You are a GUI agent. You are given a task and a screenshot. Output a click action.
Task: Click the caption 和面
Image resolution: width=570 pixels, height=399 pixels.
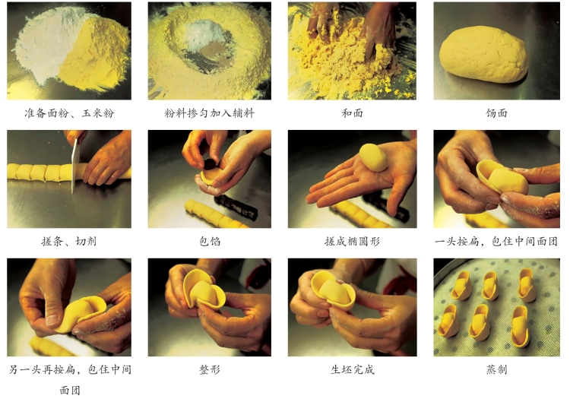[x=352, y=113]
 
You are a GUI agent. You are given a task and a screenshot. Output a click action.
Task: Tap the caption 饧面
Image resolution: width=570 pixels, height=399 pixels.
[x=496, y=113]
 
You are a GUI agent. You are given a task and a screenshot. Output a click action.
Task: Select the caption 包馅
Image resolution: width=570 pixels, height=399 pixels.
[x=210, y=241]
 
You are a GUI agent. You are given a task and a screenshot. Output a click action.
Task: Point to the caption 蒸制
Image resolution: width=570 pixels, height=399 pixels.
[x=496, y=369]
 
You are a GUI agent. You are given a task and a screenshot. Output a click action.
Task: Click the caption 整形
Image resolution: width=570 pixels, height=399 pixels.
[x=210, y=369]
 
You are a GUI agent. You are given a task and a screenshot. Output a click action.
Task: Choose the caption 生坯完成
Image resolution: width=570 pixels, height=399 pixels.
[x=352, y=369]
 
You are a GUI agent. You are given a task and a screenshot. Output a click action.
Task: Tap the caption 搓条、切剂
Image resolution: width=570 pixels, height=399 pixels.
[x=69, y=241]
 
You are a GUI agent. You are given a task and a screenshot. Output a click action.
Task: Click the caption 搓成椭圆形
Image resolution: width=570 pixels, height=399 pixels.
[x=352, y=241]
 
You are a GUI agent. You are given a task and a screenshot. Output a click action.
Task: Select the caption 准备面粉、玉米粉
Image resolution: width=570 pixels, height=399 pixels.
[x=69, y=113]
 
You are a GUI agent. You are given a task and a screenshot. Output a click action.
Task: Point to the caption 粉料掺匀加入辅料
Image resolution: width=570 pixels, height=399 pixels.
[x=210, y=113]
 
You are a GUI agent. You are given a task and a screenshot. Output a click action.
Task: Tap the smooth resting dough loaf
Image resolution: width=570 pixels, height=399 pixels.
[x=484, y=54]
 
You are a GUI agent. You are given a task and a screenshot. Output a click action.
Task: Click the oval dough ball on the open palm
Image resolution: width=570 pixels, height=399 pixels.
[x=374, y=157]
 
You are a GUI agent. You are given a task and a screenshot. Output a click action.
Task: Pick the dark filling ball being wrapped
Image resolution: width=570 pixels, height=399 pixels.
[x=209, y=164]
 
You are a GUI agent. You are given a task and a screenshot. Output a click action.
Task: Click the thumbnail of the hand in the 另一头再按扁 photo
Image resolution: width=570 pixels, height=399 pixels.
[x=52, y=320]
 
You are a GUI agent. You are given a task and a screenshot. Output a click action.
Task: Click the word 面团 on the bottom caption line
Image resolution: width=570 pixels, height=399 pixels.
[x=69, y=391]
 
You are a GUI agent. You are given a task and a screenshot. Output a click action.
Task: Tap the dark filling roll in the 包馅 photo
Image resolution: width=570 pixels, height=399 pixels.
[x=236, y=207]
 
